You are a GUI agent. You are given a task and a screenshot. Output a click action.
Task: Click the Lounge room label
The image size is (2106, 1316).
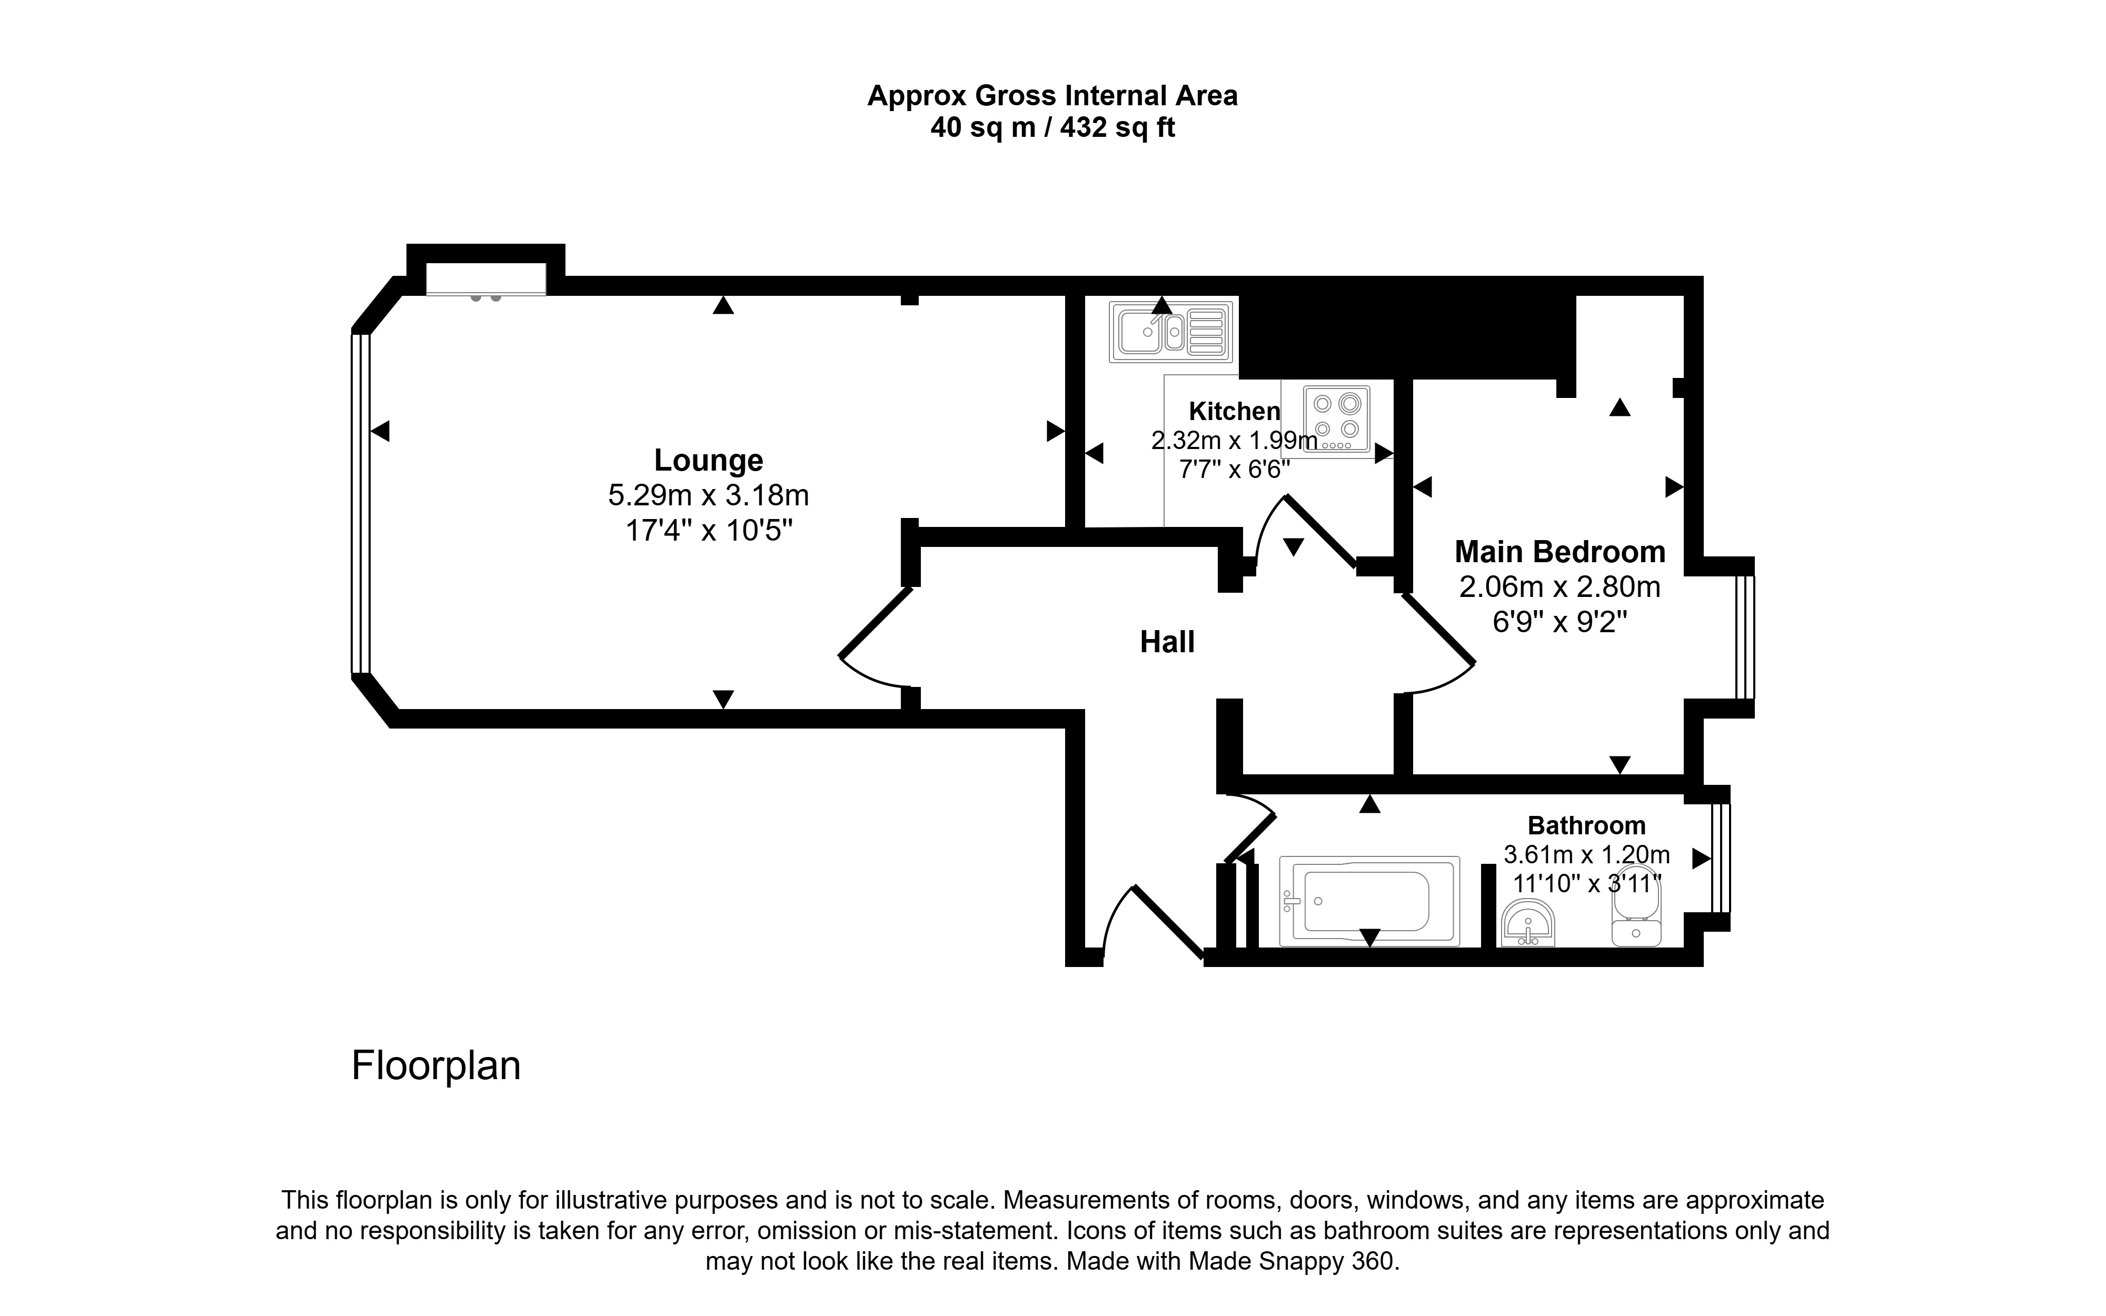708,460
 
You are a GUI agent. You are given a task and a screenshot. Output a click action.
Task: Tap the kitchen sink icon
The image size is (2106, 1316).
1170,332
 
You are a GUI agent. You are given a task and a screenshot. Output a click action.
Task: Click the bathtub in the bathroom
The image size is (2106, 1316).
1369,901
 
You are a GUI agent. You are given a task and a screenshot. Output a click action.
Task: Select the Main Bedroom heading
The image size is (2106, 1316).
1559,552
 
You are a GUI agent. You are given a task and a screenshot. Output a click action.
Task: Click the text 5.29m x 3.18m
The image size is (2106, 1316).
708,495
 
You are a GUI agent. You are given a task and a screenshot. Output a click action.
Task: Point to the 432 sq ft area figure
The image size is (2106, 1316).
1117,128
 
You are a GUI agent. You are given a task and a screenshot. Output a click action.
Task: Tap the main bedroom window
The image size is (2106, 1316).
1745,636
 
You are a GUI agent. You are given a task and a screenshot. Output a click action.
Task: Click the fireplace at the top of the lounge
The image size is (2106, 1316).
485,280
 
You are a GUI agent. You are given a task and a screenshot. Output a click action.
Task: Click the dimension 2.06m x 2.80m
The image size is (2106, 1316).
1559,587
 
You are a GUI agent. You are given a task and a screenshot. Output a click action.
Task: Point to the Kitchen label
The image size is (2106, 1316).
1234,411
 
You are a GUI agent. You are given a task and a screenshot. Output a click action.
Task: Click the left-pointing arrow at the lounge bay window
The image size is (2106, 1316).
380,431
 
